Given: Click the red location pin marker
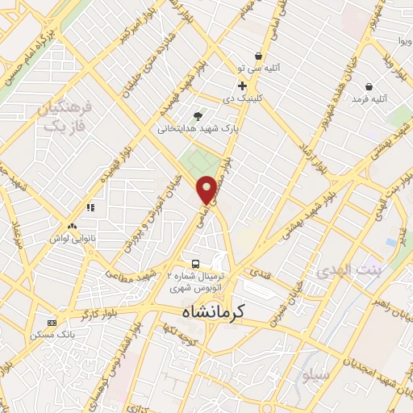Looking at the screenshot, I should [207, 189].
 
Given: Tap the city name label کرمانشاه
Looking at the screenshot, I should [241, 310].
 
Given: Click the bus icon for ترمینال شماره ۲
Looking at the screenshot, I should [196, 264].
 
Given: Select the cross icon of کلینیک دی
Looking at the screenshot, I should [242, 86].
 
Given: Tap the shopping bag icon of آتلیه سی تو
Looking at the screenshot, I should [258, 56].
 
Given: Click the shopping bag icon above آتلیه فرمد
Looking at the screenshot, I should [369, 86].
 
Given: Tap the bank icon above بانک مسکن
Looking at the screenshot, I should [52, 322].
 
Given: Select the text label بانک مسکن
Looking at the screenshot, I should [52, 333].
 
